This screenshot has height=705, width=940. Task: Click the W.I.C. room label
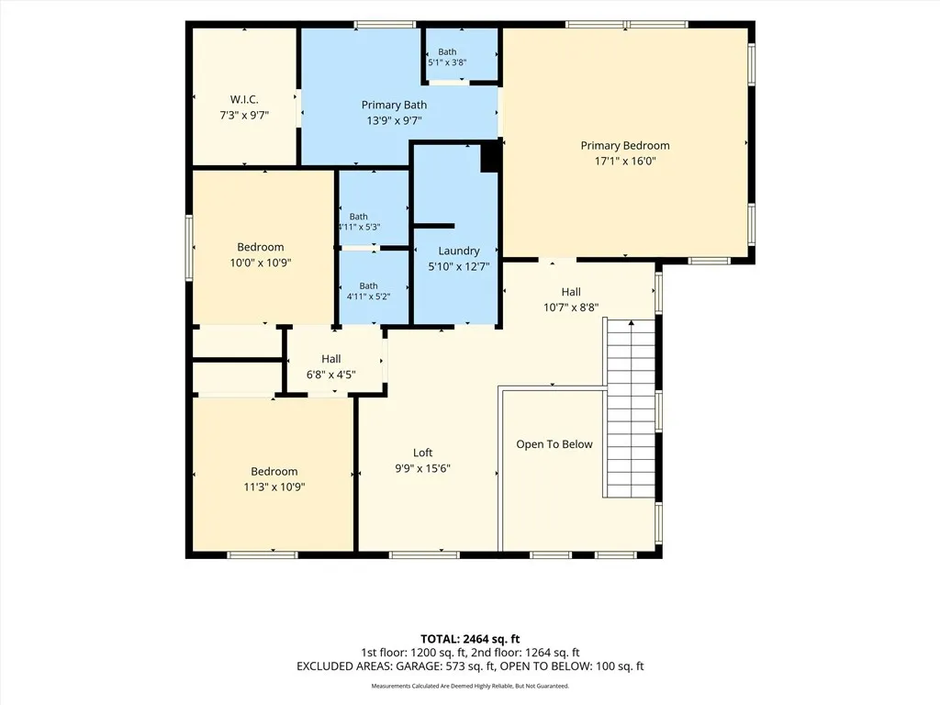coord(244,99)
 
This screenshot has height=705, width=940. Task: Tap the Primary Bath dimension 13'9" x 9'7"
coord(394,120)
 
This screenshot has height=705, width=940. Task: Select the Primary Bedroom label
coord(624,146)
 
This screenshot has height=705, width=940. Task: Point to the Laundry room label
coord(459,252)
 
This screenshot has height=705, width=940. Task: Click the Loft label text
coord(422,453)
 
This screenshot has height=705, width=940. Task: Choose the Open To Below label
coord(554,444)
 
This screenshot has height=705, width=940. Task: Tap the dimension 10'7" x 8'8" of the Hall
coord(571,308)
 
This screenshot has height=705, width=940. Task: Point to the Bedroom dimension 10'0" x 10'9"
coord(260,263)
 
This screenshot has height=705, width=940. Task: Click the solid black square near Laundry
coord(490,156)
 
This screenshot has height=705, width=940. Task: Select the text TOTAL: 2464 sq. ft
coord(470,639)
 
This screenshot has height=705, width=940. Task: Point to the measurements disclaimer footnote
coord(470,686)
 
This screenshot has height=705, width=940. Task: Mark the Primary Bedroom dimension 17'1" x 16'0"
coord(624,161)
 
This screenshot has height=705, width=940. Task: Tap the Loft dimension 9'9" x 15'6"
coord(422,468)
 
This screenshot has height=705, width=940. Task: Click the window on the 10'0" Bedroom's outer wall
coord(189,248)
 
